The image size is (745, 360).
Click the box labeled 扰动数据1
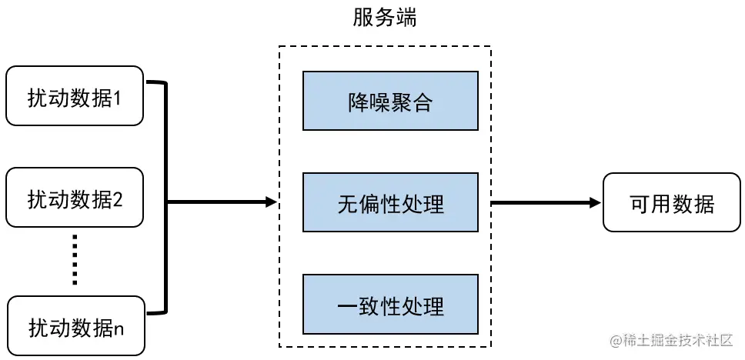[75, 96]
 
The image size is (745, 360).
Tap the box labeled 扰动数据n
[75, 326]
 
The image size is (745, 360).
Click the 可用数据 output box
[671, 202]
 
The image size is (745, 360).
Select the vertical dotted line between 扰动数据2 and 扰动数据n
[75, 259]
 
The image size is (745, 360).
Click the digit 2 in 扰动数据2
[118, 200]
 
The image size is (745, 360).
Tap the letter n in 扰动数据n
[118, 328]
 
